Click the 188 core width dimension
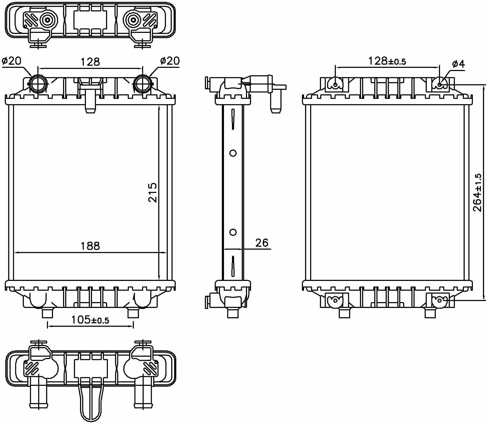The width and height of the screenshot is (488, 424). coord(90,246)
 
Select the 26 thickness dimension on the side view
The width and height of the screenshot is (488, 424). coord(262,243)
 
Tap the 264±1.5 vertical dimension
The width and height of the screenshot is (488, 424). coord(477,193)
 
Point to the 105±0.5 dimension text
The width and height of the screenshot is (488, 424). coord(90,320)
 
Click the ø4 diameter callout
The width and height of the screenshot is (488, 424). coord(458,64)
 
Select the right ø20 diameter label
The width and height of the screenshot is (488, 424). coord(170,61)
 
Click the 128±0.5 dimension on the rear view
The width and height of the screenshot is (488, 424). coord(387,61)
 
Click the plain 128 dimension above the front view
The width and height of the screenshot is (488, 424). coord(90,62)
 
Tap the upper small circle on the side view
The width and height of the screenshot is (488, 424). coord(233,153)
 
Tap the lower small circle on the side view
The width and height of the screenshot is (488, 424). coord(233,232)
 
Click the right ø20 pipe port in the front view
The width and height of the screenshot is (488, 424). coord(143,84)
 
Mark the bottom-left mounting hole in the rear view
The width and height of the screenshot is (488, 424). coord(336,300)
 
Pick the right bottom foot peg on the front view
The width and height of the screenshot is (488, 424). coord(133,313)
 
